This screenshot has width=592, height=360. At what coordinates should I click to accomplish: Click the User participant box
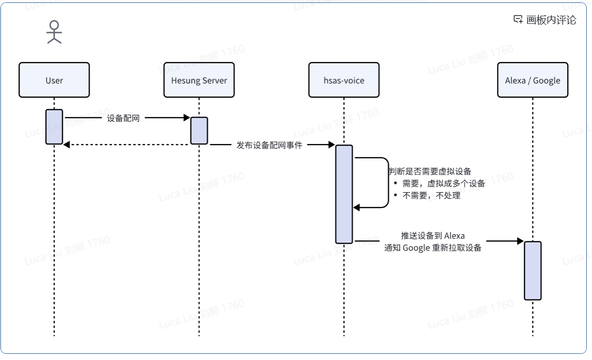(54, 80)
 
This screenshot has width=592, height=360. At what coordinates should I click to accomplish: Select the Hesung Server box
(199, 80)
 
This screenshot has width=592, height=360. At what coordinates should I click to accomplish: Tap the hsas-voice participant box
(344, 80)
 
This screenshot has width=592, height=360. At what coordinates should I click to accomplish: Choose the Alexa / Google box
(532, 80)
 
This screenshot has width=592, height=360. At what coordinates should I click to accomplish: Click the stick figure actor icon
(54, 32)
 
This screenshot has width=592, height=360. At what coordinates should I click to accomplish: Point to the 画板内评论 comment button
(545, 20)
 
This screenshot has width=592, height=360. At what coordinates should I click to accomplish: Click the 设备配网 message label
(123, 118)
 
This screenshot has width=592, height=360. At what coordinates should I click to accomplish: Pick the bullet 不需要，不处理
(431, 195)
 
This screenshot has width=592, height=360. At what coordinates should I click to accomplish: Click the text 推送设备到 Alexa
(432, 236)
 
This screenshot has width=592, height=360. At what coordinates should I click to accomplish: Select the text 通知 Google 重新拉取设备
(433, 248)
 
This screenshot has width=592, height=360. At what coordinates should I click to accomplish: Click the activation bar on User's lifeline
(54, 126)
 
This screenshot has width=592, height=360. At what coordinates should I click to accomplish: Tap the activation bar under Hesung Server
(199, 130)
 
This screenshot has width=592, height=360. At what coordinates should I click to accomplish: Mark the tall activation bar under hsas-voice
(344, 194)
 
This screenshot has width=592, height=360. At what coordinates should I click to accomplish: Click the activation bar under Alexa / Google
(532, 270)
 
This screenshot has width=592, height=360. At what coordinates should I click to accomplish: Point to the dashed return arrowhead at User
(67, 144)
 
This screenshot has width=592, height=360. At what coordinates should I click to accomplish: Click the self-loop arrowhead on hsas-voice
(356, 207)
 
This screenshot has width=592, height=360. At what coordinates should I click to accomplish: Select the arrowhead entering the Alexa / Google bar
(521, 241)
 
